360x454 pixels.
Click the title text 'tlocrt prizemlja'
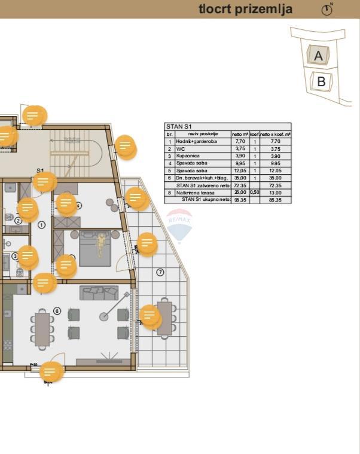(245, 9)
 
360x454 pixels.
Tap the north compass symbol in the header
(327, 10)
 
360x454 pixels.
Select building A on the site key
(318, 56)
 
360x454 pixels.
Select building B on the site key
(321, 81)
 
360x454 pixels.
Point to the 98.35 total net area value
(239, 200)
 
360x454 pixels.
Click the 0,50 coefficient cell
(254, 193)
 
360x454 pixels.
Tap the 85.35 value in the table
(275, 200)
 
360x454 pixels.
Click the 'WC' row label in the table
(180, 149)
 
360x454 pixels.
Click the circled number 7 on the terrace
(160, 273)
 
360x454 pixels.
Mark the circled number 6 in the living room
(57, 311)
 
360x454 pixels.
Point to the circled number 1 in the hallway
(41, 225)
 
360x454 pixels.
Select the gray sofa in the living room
(99, 292)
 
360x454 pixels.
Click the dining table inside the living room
(42, 330)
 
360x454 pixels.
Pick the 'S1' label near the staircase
(40, 171)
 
